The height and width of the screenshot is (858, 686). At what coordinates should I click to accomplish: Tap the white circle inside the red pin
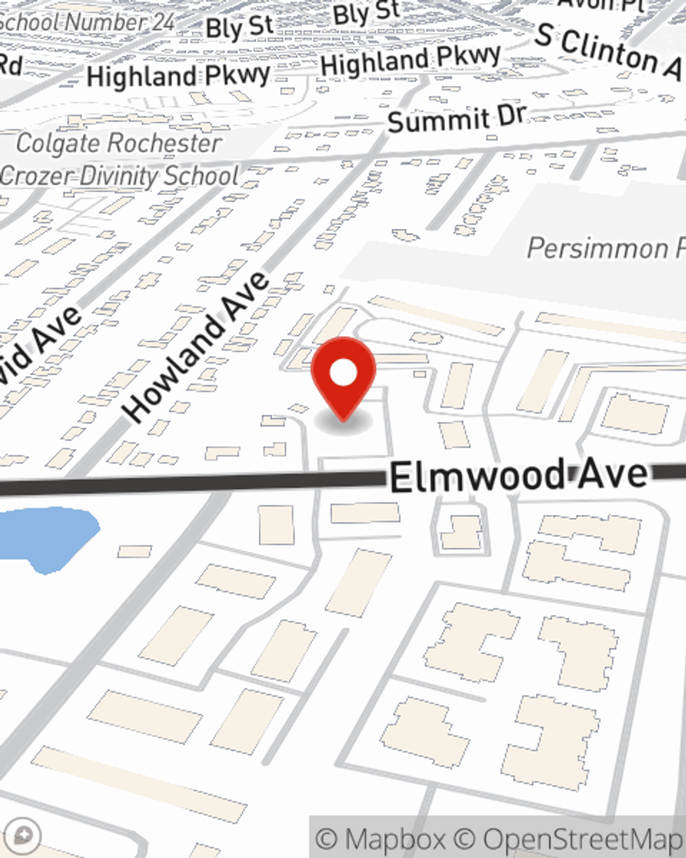point(343,373)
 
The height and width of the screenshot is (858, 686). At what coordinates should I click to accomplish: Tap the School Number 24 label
point(87,22)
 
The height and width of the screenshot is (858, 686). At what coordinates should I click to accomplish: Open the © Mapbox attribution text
point(381,839)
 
